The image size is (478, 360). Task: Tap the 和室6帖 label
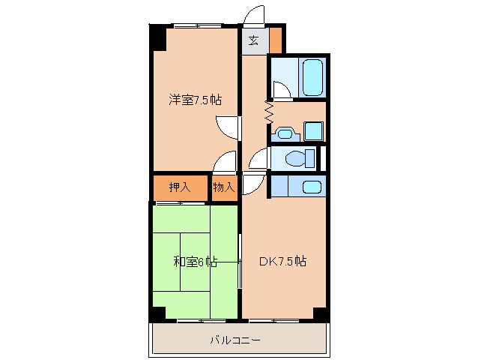pyautogui.click(x=195, y=262)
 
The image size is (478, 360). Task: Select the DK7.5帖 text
pyautogui.click(x=282, y=262)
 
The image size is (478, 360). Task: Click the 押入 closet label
pyautogui.click(x=179, y=187)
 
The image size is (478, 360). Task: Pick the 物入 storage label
pyautogui.click(x=223, y=187)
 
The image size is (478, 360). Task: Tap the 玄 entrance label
pyautogui.click(x=254, y=40)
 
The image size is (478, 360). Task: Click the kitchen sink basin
pyautogui.click(x=312, y=186)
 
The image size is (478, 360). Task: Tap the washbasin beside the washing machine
pyautogui.click(x=284, y=134)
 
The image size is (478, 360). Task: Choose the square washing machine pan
pyautogui.click(x=313, y=132)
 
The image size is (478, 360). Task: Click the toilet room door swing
pyautogui.click(x=258, y=157)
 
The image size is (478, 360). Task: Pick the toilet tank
pyautogui.click(x=310, y=159)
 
